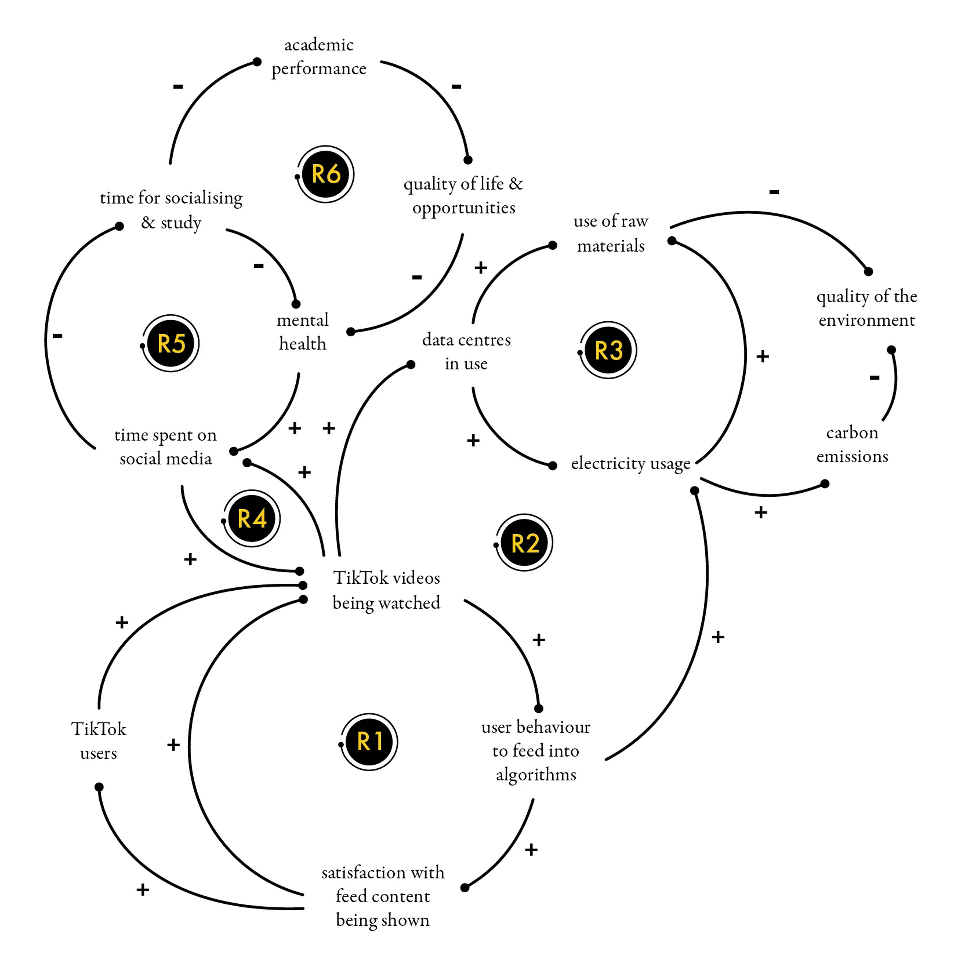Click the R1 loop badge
coord(369,742)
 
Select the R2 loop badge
coord(524,543)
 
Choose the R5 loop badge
coord(171,343)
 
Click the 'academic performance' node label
coord(319,56)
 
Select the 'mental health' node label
coord(303,332)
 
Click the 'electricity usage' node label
coord(630,464)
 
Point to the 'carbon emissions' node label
coord(852,444)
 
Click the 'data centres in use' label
coord(466,351)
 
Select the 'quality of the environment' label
coord(866,308)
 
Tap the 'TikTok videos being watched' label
coord(386,590)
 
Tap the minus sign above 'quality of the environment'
coord(774,192)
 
